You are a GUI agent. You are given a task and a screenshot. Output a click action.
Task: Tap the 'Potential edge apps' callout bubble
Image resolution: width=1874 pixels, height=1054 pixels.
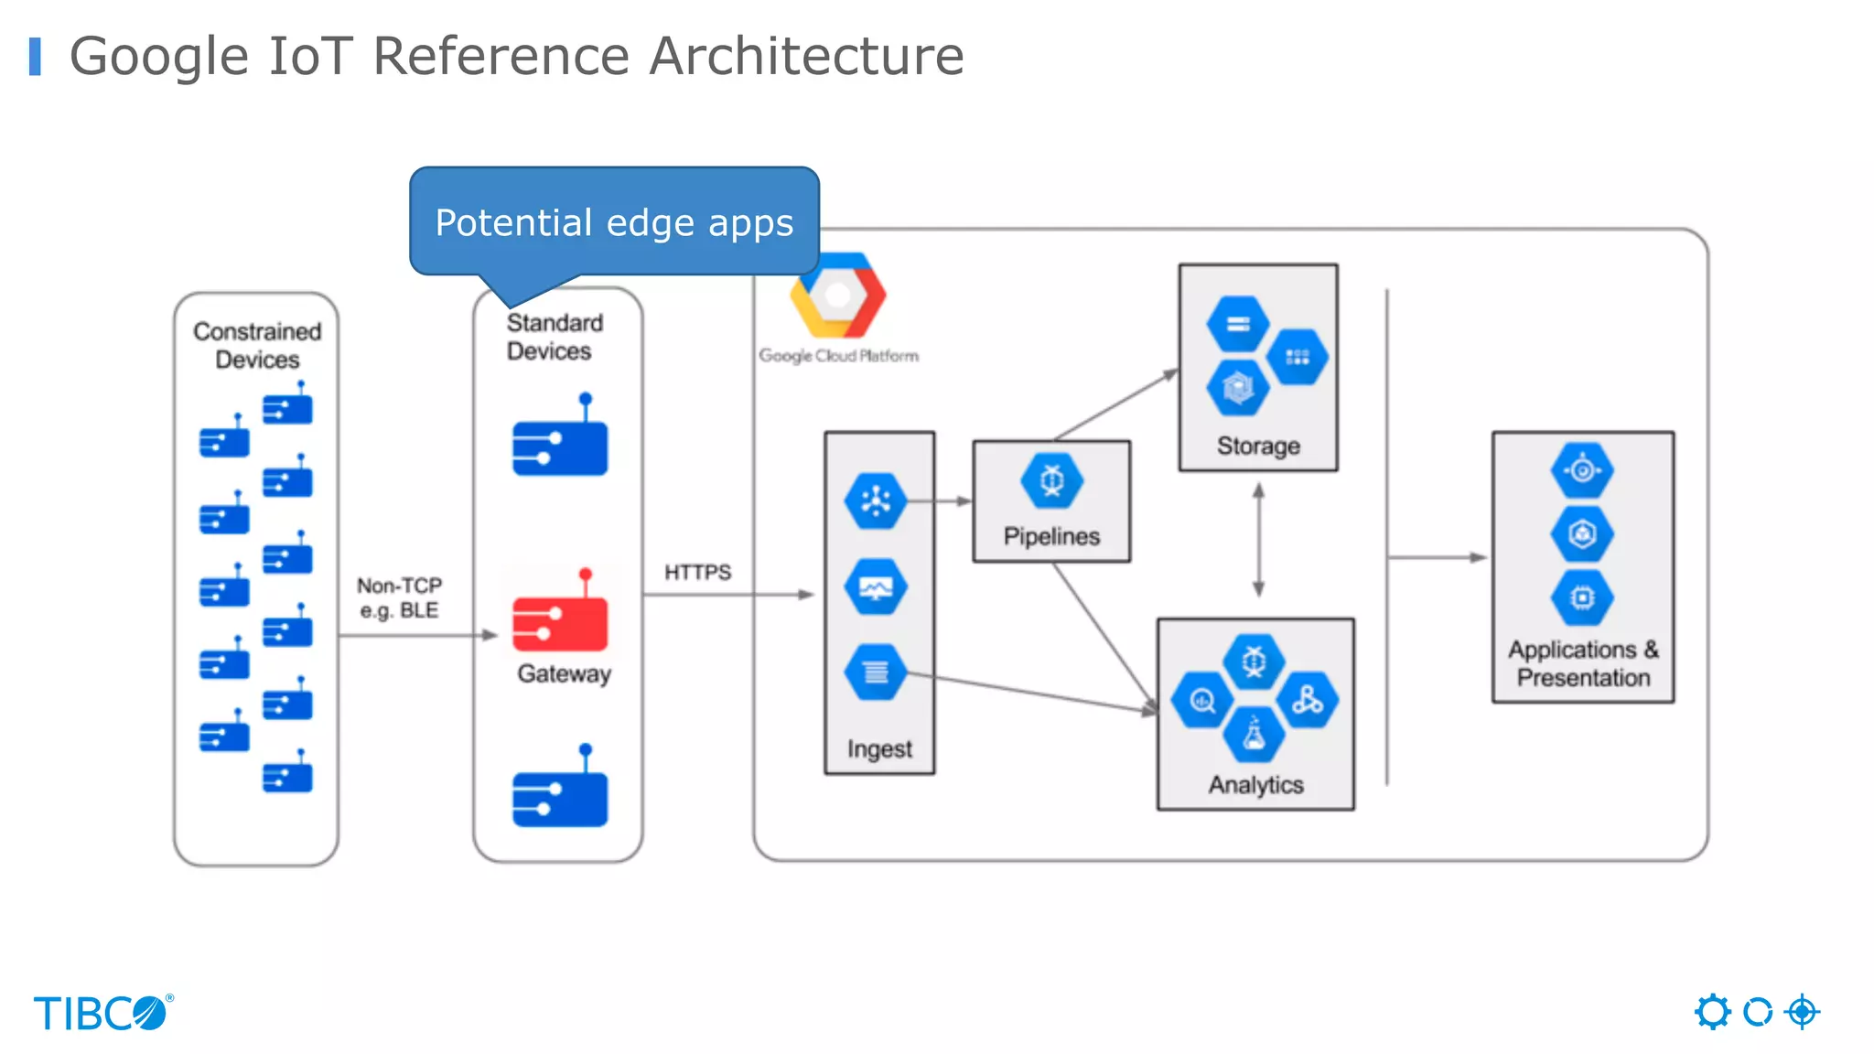[x=614, y=222]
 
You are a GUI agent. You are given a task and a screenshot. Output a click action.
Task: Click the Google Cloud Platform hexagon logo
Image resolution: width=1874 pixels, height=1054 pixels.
[x=837, y=296]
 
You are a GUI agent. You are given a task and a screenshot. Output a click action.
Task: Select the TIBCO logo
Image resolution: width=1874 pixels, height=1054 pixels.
[x=102, y=1013]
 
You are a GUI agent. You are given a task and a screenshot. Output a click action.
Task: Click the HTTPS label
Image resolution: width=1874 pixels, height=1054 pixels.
[x=697, y=573]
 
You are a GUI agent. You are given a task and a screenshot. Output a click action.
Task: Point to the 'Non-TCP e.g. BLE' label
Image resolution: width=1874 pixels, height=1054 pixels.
[x=399, y=597]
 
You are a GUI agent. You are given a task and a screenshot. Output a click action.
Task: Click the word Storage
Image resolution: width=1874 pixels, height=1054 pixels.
[x=1257, y=446]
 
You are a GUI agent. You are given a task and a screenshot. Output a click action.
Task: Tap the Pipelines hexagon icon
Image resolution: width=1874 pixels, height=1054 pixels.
[x=1051, y=480]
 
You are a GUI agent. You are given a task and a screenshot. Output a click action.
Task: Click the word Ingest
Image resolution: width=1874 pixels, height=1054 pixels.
[x=878, y=748]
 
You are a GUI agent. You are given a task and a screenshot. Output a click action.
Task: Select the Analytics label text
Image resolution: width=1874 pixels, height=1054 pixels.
[x=1255, y=785]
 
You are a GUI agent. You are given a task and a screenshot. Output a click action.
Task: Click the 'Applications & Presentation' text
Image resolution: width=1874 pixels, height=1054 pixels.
[x=1583, y=663]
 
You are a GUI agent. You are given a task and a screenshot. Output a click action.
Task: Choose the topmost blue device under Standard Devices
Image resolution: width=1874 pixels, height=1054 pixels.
[x=559, y=445]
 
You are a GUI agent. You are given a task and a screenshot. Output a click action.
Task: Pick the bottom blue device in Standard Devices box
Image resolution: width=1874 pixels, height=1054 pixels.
[x=559, y=796]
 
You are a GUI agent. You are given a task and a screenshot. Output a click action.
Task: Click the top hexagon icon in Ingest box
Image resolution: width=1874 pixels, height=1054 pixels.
[x=876, y=500]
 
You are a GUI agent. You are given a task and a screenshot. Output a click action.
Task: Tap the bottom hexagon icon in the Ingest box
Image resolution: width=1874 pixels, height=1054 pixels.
[x=876, y=672]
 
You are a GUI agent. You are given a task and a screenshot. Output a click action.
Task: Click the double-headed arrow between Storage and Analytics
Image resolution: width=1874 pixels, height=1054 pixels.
[x=1258, y=540]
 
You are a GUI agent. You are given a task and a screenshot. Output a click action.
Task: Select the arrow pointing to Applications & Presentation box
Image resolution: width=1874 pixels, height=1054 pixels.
[x=1437, y=557]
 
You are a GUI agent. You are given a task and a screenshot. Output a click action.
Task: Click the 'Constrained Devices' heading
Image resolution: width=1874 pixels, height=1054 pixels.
[x=257, y=345]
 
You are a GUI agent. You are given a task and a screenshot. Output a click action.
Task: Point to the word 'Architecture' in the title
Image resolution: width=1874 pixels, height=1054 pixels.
[x=806, y=56]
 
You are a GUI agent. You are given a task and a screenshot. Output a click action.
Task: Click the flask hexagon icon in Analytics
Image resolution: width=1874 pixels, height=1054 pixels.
[x=1254, y=735]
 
